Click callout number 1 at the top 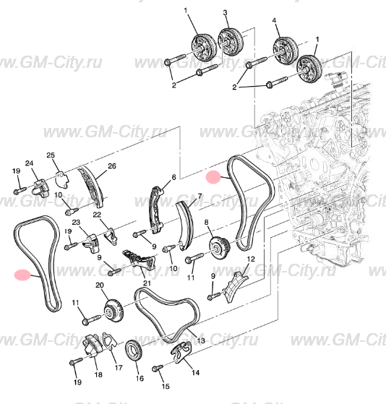pos(184,10)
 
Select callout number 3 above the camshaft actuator pos(225,13)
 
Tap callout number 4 pos(275,22)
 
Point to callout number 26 pos(112,166)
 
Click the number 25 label pos(51,155)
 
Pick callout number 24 pos(30,163)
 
